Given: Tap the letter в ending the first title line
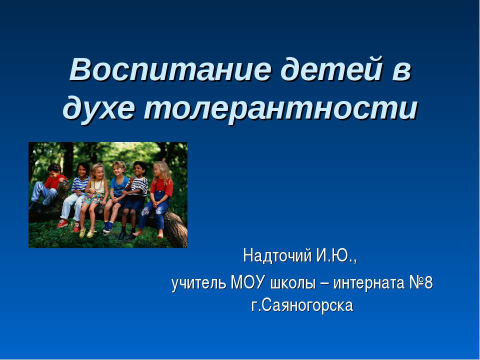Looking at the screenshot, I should point(402,71).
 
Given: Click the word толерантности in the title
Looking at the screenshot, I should point(280,108).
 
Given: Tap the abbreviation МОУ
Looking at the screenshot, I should point(248,283).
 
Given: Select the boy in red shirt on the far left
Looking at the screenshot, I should point(50,185).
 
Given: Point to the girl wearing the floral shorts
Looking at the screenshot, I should point(96,192).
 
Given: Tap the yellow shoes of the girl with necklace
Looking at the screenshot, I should point(86,232).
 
